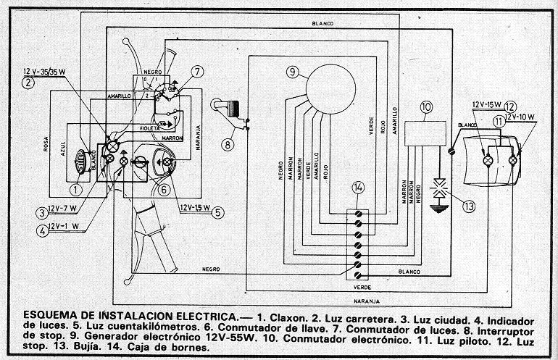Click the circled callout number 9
click(292, 72)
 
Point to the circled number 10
click(425, 107)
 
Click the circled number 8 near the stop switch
click(228, 144)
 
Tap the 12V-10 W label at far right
click(522, 117)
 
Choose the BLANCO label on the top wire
click(322, 25)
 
